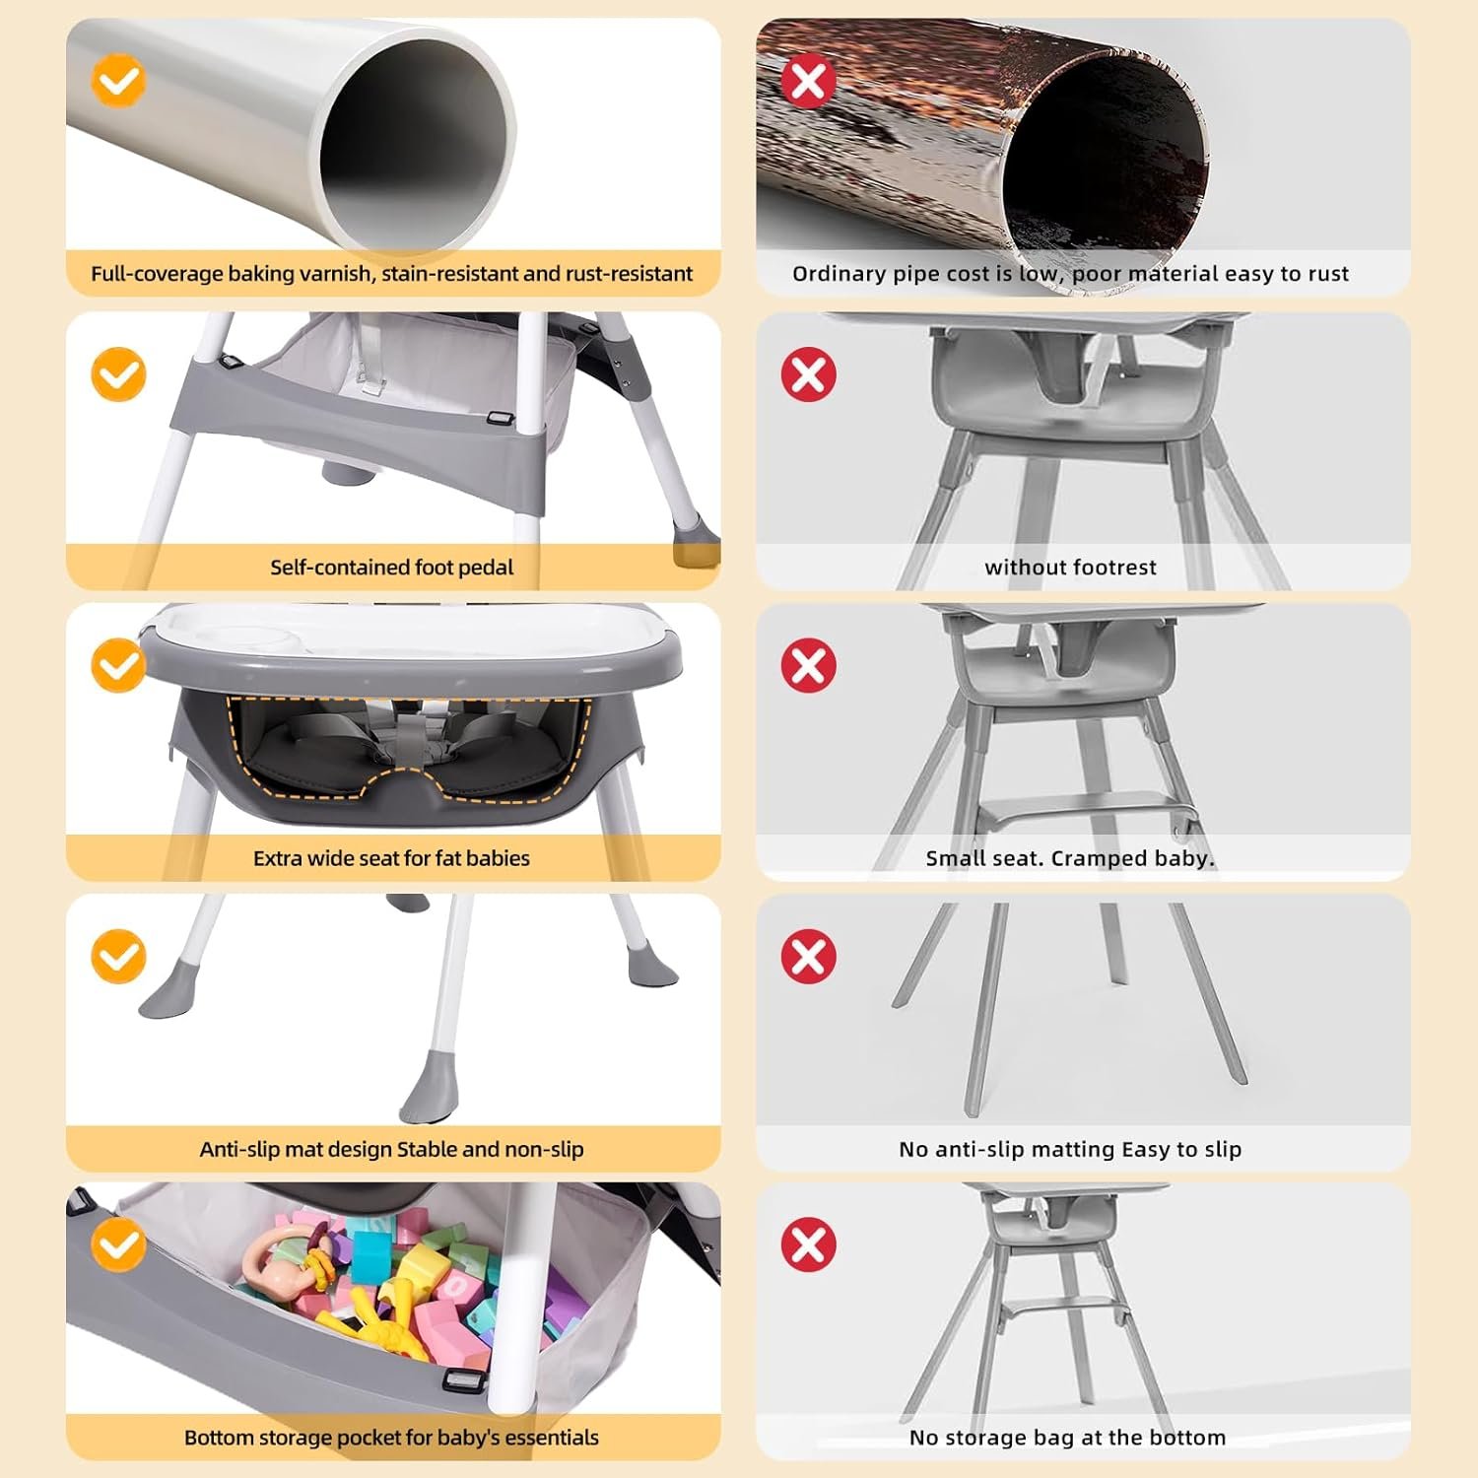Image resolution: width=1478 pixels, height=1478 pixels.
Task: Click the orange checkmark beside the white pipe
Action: click(118, 81)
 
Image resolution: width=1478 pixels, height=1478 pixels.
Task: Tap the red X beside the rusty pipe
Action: click(808, 81)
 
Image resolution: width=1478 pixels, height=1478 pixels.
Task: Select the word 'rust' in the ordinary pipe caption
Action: click(1328, 274)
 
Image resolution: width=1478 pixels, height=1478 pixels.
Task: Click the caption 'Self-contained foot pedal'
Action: click(392, 568)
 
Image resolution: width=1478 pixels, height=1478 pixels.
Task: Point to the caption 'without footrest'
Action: click(1070, 568)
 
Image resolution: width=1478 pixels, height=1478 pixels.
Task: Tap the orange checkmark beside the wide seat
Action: click(118, 665)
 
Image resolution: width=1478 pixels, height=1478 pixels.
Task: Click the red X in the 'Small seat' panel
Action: click(808, 665)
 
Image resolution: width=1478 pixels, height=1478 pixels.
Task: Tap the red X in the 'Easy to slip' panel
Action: click(808, 956)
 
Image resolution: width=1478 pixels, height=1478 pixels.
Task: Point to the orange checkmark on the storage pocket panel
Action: click(118, 1244)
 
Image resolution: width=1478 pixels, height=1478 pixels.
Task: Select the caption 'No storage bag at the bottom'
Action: click(1068, 1438)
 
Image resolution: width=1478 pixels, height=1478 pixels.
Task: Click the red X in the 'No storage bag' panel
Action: click(808, 1244)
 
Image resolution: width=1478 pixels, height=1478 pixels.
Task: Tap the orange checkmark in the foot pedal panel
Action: click(118, 374)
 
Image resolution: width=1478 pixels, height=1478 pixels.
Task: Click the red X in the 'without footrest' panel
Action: click(808, 374)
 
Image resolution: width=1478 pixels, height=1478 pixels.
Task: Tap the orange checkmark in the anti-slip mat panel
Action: click(118, 956)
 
